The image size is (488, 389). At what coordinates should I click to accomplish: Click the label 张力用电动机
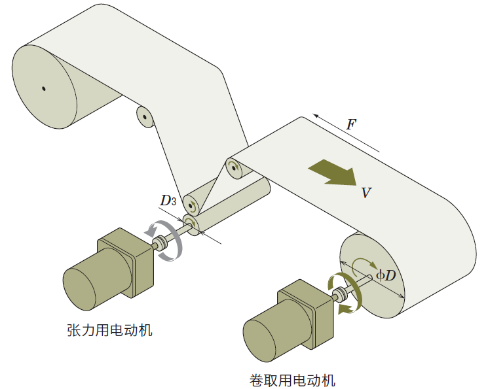tap(109, 330)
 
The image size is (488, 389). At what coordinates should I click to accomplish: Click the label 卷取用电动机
tap(293, 380)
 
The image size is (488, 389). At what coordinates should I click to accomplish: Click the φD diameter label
tap(386, 275)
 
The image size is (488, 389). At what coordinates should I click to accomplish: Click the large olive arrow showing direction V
tap(333, 172)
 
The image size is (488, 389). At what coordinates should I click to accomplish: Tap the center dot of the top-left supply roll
tap(43, 88)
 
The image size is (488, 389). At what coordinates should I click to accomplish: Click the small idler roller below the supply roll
tap(144, 116)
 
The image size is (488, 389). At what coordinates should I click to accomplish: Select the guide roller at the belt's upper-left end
tap(234, 167)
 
